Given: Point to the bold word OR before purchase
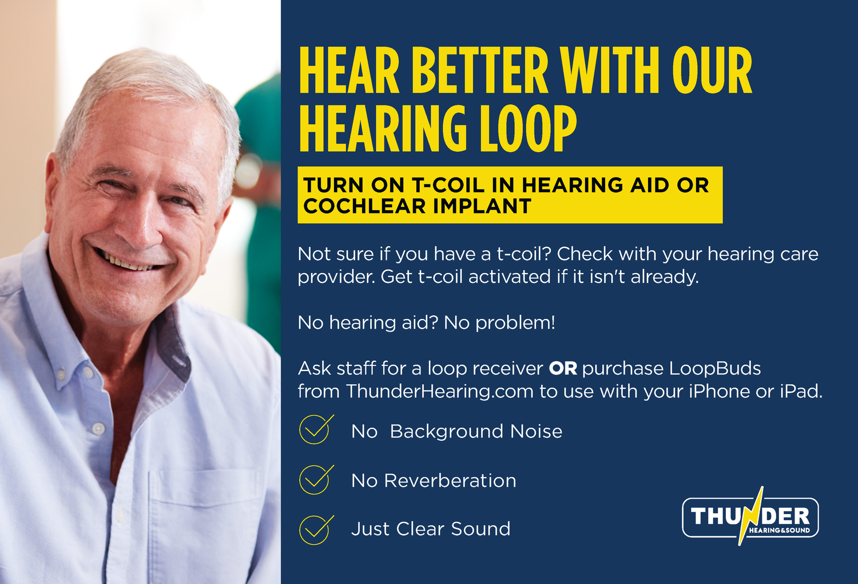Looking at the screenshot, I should pyautogui.click(x=563, y=369).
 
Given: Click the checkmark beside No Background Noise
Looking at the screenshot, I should pyautogui.click(x=315, y=430).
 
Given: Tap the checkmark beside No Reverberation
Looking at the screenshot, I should pyautogui.click(x=315, y=480).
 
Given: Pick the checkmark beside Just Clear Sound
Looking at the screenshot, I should pyautogui.click(x=315, y=529).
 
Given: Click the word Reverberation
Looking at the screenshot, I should pyautogui.click(x=450, y=481).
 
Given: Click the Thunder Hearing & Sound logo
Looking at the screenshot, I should pyautogui.click(x=750, y=517).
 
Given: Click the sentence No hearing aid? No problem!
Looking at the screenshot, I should pyautogui.click(x=426, y=323).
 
